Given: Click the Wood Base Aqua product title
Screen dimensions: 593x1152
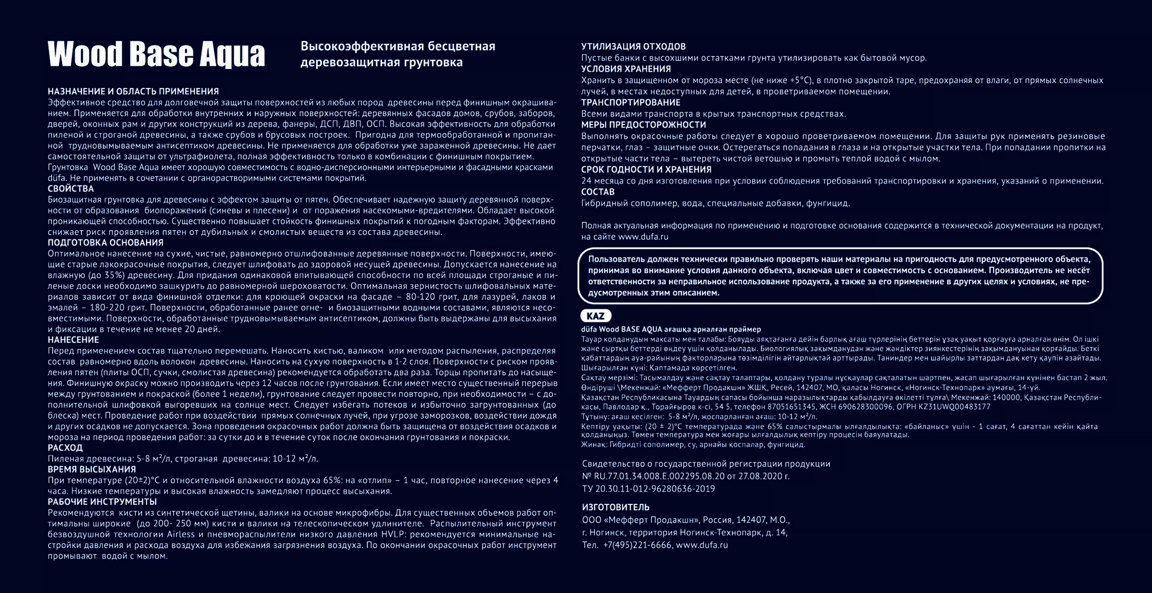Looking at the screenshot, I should (x=156, y=54).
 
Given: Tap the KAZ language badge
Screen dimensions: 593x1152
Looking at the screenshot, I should (x=595, y=316).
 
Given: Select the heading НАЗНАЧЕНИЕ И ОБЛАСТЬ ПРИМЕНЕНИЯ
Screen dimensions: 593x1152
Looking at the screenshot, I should (x=133, y=92).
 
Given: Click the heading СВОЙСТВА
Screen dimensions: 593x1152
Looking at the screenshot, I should (x=71, y=189).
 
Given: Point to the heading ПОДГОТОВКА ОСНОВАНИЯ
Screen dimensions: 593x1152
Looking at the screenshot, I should (x=106, y=243).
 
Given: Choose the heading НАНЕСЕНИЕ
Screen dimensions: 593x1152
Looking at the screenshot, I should (x=73, y=340).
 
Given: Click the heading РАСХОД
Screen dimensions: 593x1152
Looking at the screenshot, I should (x=65, y=448).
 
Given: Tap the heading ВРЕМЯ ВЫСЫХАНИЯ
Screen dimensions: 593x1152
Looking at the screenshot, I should (x=92, y=469).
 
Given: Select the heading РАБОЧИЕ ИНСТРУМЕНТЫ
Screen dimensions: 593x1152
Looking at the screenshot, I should (x=102, y=502).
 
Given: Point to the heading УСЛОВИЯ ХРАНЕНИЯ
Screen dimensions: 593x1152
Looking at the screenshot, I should (x=626, y=69).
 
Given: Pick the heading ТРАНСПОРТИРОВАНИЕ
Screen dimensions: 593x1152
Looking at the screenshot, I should (x=630, y=102).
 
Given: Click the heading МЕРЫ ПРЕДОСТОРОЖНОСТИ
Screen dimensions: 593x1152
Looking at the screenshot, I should (x=643, y=125).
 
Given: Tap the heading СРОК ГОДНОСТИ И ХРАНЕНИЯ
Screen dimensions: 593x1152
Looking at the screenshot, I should (x=646, y=169).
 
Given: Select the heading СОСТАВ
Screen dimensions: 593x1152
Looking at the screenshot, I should (x=598, y=192).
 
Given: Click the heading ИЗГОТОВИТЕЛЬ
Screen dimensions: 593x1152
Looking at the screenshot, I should (x=616, y=507).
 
